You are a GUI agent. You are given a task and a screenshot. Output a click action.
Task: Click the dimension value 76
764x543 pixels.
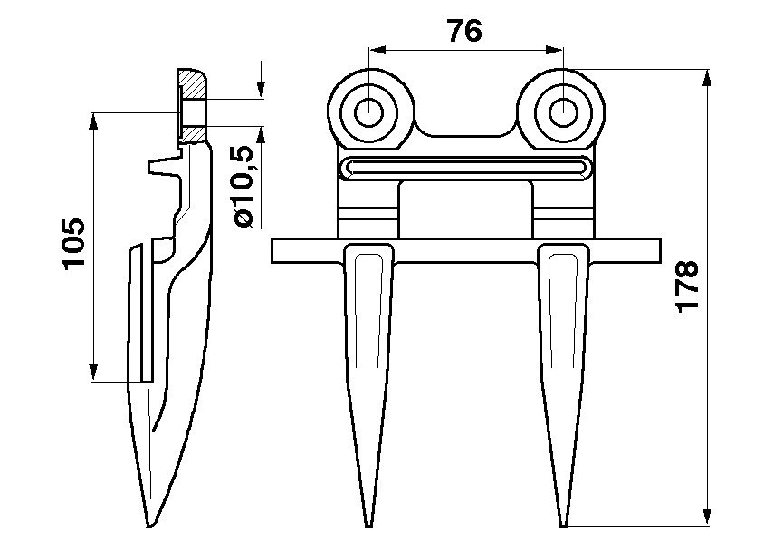point(465,30)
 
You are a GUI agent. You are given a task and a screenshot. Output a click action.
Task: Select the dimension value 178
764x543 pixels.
point(688,286)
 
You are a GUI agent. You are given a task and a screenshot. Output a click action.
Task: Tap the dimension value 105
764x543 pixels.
point(73,243)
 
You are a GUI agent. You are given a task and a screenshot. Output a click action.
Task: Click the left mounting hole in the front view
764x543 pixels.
point(369,112)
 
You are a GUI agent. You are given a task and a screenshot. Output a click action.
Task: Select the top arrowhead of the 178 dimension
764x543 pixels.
point(707,75)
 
